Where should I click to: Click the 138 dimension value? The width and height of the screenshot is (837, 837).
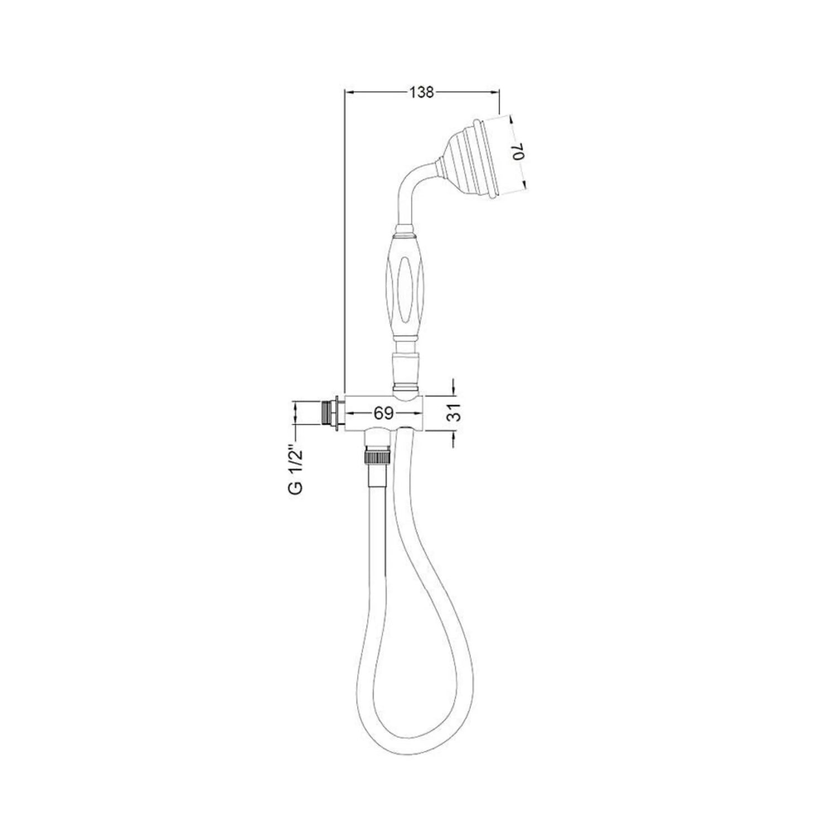click(x=421, y=93)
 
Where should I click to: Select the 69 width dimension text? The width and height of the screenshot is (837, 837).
click(x=384, y=413)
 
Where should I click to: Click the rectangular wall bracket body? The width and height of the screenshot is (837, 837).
click(x=385, y=413)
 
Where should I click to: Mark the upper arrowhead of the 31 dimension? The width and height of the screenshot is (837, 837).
click(x=453, y=391)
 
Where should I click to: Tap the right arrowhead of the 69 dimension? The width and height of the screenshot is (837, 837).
click(x=419, y=413)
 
